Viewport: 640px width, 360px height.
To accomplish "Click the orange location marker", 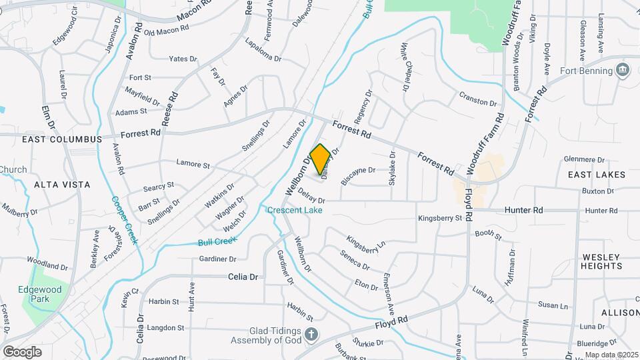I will tap(320, 159).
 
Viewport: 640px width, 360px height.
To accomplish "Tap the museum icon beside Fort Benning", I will tap(623, 69).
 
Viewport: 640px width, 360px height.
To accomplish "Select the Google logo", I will tap(22, 351).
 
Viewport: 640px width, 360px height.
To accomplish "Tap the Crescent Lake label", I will tap(295, 211).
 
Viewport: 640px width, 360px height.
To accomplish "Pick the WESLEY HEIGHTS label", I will tap(601, 261).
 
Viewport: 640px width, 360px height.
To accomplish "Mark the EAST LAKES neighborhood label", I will tap(597, 175).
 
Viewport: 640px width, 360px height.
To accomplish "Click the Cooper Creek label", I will tap(124, 219).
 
